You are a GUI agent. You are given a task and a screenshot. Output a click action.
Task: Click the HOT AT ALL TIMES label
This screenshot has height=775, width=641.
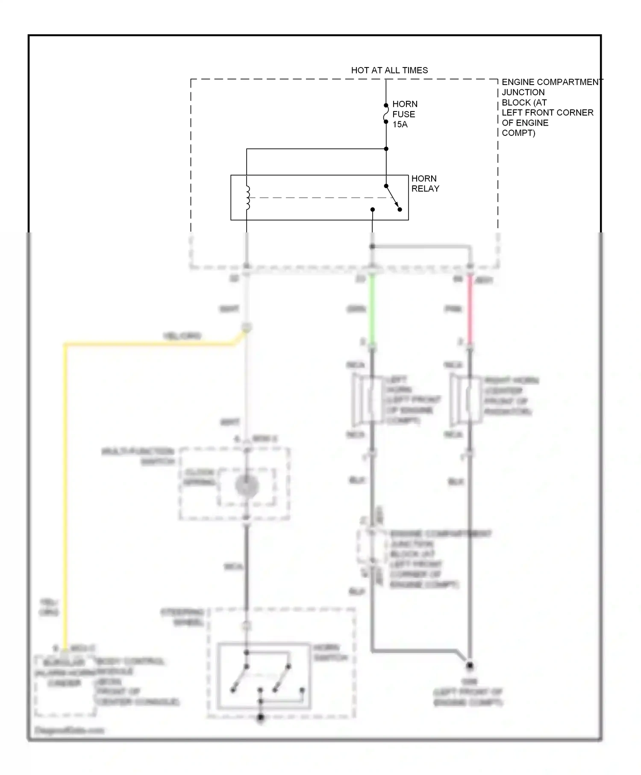pyautogui.click(x=389, y=70)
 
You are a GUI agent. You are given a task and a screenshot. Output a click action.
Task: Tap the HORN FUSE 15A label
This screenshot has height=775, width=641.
pyautogui.click(x=404, y=114)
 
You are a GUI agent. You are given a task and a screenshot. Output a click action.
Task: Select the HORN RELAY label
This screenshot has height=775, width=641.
pyautogui.click(x=425, y=183)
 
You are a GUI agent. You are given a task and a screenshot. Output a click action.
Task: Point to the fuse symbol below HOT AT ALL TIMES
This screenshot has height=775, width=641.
pyautogui.click(x=386, y=114)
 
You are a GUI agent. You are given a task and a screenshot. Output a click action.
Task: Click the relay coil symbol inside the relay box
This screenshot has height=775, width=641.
pyautogui.click(x=247, y=198)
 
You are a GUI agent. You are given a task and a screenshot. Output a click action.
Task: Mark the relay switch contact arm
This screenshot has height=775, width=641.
pyautogui.click(x=393, y=197)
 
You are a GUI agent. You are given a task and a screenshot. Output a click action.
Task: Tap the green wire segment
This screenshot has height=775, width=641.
pyautogui.click(x=372, y=310)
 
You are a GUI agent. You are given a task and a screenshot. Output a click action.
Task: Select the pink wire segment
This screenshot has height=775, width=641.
pyautogui.click(x=470, y=310)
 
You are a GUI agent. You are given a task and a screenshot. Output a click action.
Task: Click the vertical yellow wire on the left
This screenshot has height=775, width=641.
pyautogui.click(x=65, y=491)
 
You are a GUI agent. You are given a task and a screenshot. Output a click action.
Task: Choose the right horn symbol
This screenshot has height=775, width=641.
pyautogui.click(x=461, y=400)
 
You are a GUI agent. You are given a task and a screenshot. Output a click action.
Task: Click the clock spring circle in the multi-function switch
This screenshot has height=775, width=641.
pyautogui.click(x=247, y=486)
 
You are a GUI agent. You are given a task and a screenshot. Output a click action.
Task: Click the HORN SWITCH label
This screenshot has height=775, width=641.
pyautogui.click(x=330, y=652)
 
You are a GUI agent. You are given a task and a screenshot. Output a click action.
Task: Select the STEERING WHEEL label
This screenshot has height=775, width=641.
pyautogui.click(x=183, y=617)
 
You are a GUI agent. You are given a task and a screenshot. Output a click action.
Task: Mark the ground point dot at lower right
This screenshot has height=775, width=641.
pyautogui.click(x=470, y=665)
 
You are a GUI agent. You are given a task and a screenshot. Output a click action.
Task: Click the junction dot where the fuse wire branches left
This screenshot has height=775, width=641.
pyautogui.click(x=386, y=149)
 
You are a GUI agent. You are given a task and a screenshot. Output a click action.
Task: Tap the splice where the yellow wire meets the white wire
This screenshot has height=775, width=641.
pyautogui.click(x=246, y=328)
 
